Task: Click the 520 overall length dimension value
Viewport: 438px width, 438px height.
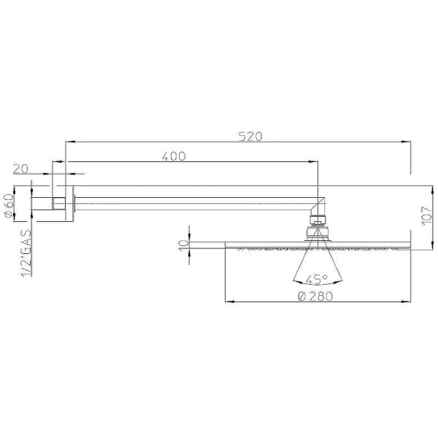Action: click(250, 136)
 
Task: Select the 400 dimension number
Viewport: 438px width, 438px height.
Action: click(174, 156)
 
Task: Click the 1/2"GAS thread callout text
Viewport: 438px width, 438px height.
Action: click(26, 253)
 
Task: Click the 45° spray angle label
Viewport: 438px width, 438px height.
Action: click(316, 279)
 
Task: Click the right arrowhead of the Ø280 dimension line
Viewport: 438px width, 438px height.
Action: click(406, 300)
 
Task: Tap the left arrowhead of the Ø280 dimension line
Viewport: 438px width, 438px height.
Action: click(228, 300)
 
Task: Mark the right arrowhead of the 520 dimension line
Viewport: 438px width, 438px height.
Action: click(405, 140)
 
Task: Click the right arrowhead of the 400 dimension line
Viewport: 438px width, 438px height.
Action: click(315, 161)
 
